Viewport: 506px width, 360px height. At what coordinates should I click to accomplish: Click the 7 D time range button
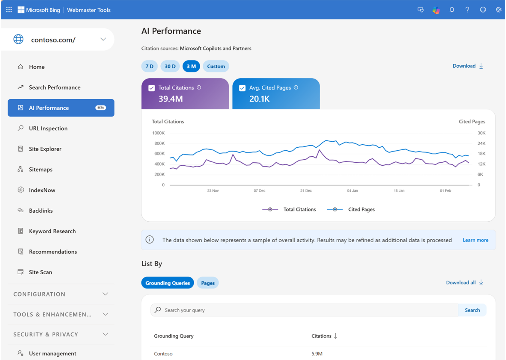(x=149, y=66)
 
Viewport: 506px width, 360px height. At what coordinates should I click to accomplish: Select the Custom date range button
(x=216, y=66)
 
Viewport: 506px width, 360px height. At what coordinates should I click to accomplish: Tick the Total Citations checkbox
(x=152, y=88)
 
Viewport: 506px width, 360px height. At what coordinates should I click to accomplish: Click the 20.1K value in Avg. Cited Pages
(x=259, y=99)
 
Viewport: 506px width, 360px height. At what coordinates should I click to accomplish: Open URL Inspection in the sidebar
(x=48, y=128)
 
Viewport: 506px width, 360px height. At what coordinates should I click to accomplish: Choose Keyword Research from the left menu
(x=52, y=231)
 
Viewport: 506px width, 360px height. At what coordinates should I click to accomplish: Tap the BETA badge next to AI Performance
(x=100, y=108)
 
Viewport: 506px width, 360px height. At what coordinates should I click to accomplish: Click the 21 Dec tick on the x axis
(x=306, y=191)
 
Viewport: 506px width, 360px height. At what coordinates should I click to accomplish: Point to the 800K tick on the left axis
(x=159, y=143)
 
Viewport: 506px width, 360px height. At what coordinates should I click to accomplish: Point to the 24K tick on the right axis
(x=481, y=143)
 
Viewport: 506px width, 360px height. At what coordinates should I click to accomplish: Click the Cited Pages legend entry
(x=361, y=209)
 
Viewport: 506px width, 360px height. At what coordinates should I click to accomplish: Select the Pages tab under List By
(x=208, y=283)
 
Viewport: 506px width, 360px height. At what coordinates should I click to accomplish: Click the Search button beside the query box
(x=472, y=310)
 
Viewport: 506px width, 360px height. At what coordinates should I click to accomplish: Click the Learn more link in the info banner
(x=475, y=240)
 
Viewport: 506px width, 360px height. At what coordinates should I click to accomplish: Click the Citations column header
(x=321, y=336)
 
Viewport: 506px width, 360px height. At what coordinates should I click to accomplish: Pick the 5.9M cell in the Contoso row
(x=317, y=354)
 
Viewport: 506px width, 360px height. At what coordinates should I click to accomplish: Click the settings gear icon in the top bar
(x=498, y=10)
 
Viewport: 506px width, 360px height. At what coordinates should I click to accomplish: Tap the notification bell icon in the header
(x=452, y=10)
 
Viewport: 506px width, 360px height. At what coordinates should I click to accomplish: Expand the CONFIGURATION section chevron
(x=105, y=294)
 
